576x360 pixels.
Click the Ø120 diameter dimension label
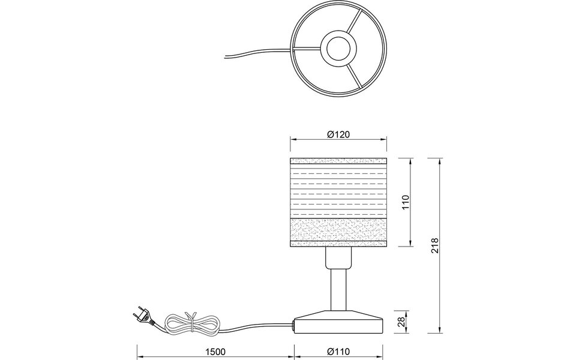coord(339,134)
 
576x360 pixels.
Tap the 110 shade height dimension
coord(406,202)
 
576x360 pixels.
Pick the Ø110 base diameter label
coord(339,352)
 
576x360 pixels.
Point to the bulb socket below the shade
coord(339,257)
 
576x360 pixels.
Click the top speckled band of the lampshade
coord(339,161)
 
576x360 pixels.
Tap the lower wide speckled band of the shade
coord(339,229)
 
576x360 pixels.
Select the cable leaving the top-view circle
coord(252,52)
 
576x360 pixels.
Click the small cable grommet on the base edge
coord(294,327)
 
